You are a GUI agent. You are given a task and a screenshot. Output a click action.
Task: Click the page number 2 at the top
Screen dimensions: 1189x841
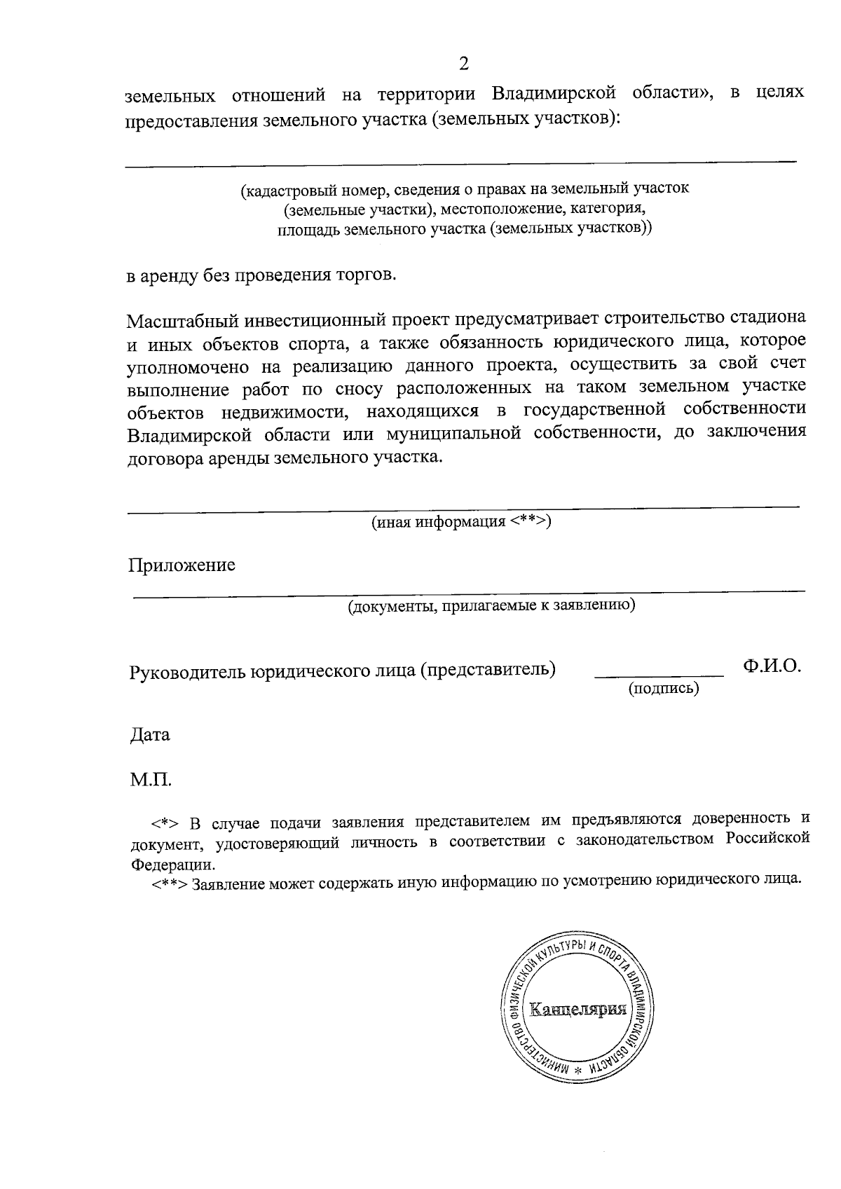463,64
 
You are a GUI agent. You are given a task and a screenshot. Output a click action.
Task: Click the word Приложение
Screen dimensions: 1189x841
182,565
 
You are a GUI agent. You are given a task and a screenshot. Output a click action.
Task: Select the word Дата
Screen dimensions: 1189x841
150,735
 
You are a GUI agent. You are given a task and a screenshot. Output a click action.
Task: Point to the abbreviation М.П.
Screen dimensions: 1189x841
151,778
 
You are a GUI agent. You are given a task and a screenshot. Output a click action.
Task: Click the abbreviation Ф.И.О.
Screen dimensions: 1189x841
772,666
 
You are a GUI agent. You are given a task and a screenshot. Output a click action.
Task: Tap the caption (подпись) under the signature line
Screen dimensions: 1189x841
664,689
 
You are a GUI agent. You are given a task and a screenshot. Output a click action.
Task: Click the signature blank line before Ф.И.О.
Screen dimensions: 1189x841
658,675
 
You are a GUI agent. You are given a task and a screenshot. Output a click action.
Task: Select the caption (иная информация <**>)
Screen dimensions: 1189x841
461,521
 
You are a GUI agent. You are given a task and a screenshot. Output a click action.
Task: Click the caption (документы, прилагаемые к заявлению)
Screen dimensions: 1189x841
492,605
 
